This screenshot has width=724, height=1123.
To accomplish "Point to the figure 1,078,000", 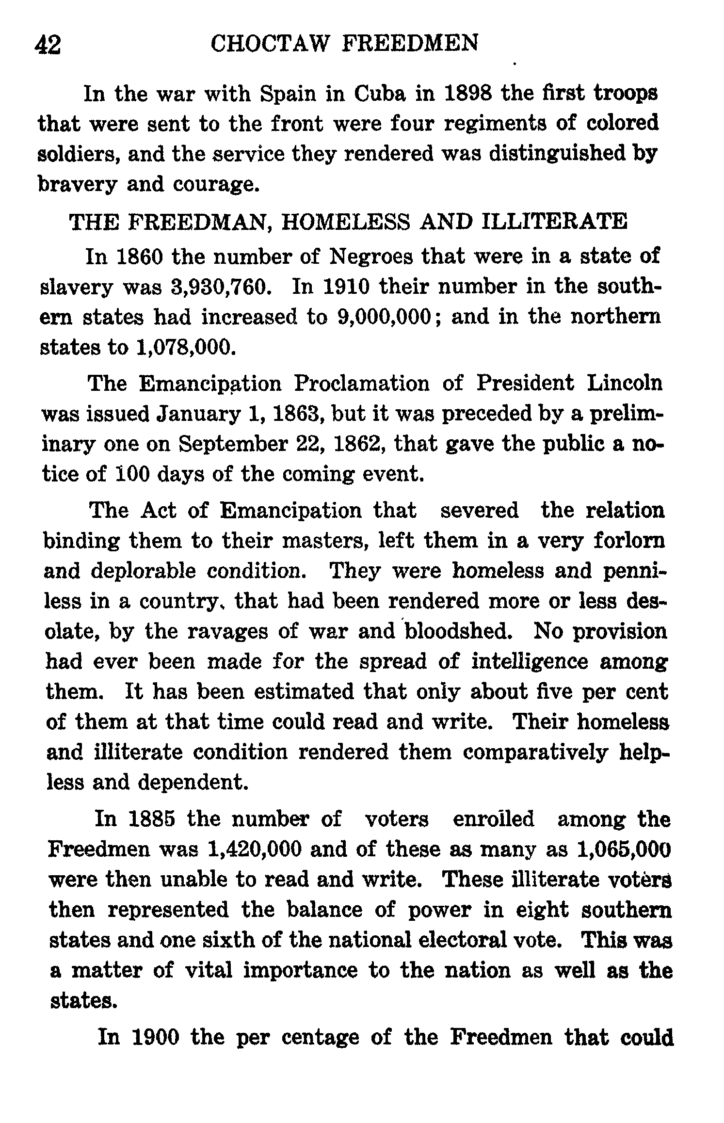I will pyautogui.click(x=182, y=347).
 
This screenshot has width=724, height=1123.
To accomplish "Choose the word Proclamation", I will pyautogui.click(x=362, y=384).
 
